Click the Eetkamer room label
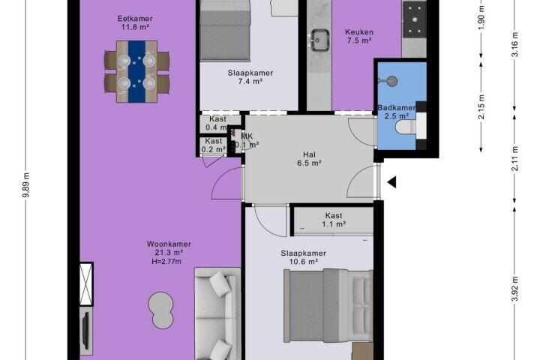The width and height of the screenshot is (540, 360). (135, 19)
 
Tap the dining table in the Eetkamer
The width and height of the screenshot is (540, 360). (136, 72)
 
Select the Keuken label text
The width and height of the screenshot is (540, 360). (359, 32)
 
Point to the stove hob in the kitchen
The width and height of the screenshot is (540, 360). (415, 19)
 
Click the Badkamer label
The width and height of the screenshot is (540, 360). (397, 107)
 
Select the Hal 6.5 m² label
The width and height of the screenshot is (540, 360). (309, 159)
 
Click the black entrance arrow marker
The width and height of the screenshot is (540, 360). (392, 182)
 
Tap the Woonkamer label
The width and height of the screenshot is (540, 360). (169, 244)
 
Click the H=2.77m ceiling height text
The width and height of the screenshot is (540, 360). (166, 262)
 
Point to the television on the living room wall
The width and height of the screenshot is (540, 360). (86, 330)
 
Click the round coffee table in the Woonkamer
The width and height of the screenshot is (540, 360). (160, 310)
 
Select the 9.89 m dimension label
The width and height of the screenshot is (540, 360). (25, 185)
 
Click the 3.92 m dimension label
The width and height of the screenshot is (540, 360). (515, 289)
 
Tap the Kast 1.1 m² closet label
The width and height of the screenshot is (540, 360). (334, 220)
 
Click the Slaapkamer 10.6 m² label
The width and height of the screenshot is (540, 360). (304, 257)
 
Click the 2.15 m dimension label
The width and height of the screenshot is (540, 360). (481, 106)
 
